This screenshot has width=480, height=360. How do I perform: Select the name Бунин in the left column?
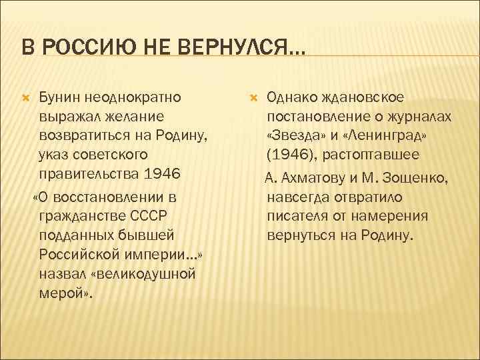(x=61, y=98)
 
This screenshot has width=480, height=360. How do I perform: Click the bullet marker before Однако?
(x=253, y=98)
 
